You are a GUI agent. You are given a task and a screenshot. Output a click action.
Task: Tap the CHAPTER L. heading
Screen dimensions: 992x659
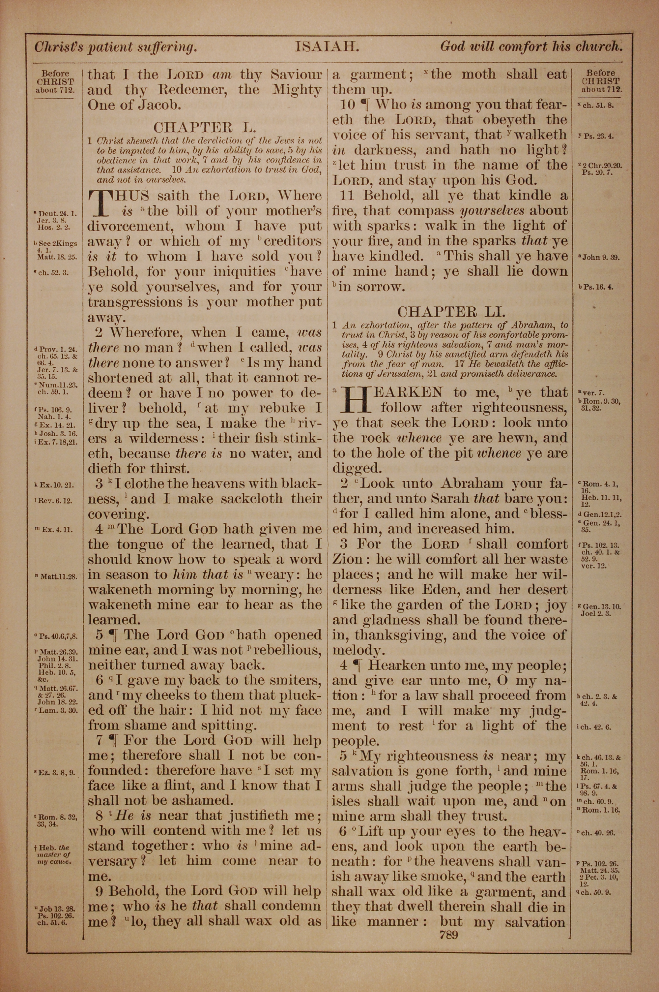point(204,127)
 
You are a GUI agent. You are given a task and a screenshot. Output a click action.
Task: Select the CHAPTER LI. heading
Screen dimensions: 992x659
point(451,312)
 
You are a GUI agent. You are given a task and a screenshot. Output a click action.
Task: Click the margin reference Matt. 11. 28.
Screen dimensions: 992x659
point(58,576)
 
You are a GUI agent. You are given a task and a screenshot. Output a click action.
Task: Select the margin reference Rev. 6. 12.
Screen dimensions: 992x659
point(56,500)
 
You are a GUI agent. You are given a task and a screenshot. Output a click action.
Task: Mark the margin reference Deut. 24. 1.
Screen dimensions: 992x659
point(57,214)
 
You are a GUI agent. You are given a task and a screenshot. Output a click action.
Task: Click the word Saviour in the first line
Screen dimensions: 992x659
point(296,75)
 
